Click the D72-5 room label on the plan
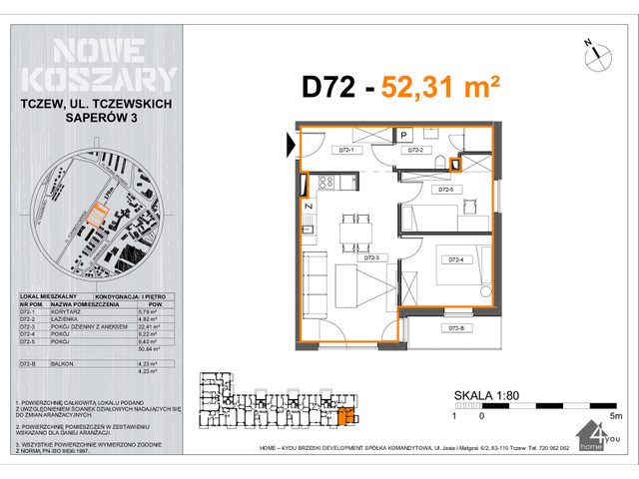point(444,190)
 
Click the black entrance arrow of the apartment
point(292,146)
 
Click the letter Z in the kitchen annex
point(309,206)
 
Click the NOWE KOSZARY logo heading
point(97,64)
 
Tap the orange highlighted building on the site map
point(96,213)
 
